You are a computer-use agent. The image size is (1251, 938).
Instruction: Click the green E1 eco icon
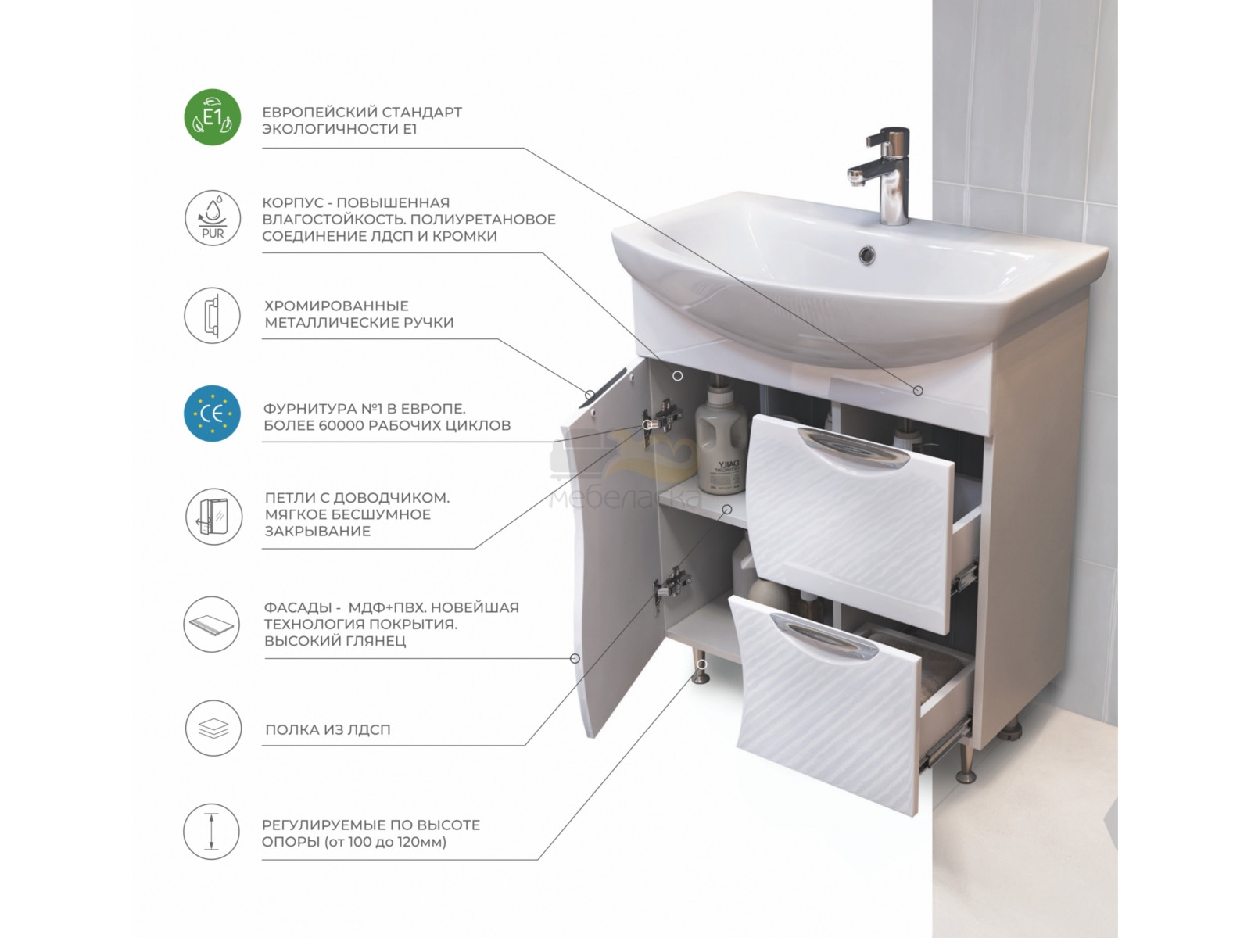pos(213,117)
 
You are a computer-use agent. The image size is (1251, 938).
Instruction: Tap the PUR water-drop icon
pos(213,218)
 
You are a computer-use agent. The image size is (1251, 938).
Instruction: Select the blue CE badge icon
pos(213,414)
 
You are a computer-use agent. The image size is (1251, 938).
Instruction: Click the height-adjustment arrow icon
pos(211,832)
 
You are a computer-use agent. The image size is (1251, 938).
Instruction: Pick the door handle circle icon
pos(213,316)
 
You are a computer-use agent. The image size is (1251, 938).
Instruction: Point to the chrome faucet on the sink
pos(880,175)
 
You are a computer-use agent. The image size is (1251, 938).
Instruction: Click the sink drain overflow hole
pos(867,255)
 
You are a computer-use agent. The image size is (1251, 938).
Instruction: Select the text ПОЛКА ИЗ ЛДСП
pos(328,729)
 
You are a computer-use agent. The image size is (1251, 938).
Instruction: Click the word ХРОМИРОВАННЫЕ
pos(336,306)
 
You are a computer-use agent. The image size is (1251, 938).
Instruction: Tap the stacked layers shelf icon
pos(213,729)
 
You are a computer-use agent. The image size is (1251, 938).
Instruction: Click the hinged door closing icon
pos(213,517)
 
